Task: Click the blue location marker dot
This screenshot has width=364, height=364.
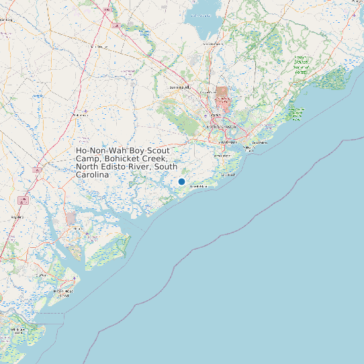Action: (x=181, y=181)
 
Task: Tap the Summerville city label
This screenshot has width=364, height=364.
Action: (x=179, y=87)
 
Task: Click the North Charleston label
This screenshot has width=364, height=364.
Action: (x=221, y=126)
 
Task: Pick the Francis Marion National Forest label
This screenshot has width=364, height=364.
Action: (x=305, y=64)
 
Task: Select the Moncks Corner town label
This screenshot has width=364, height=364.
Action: (x=213, y=44)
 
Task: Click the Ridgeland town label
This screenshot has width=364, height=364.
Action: (x=18, y=217)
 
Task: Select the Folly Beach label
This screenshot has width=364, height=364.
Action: (x=227, y=175)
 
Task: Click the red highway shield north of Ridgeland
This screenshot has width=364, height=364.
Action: (x=23, y=200)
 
